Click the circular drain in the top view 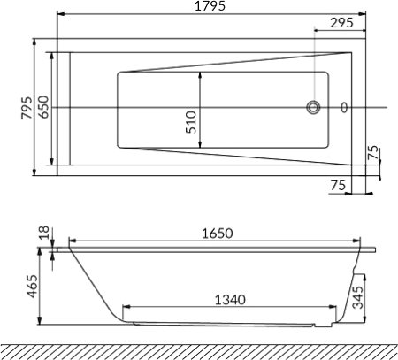[x=312, y=108]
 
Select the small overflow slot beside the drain [x=345, y=108]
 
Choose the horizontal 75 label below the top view [x=337, y=185]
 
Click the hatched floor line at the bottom [x=199, y=348]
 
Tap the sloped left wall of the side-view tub [x=93, y=284]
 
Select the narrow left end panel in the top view [x=61, y=108]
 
